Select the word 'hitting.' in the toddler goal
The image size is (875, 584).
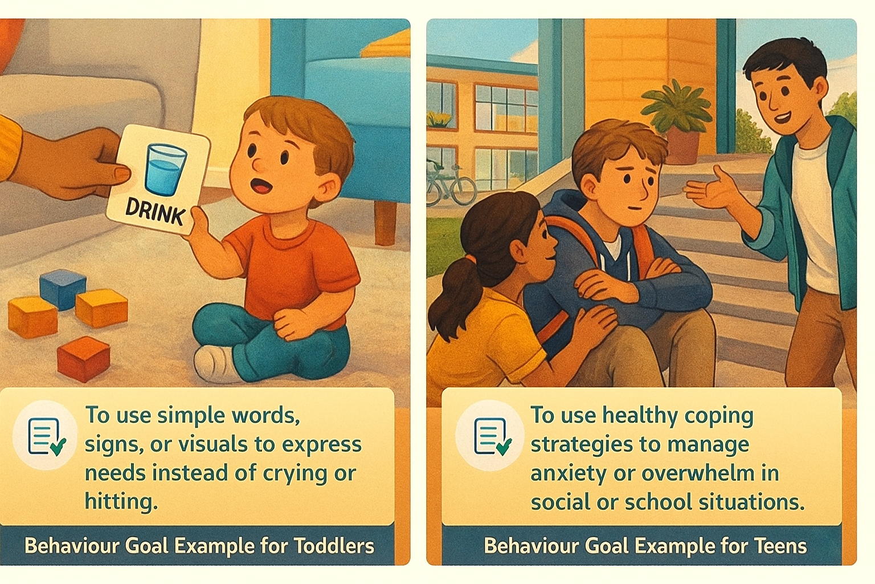click(x=121, y=502)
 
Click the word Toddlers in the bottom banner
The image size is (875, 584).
click(x=334, y=546)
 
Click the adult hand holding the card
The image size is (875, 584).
click(x=80, y=163)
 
